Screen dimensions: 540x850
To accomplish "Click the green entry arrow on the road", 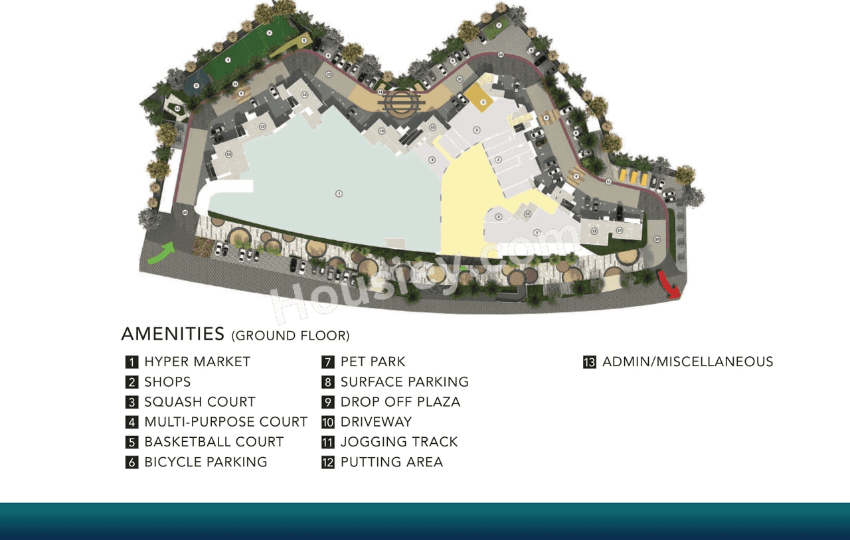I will point(161,253).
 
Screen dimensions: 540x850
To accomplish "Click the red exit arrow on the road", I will point(670,284).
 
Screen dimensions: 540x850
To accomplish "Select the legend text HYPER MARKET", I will point(197,362).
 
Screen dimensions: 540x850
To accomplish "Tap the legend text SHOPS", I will point(167,382).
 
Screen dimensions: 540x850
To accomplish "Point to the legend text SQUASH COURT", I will point(200,402).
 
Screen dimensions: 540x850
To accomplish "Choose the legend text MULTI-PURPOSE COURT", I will point(226,422).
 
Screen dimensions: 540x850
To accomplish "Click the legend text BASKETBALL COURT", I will point(214,442).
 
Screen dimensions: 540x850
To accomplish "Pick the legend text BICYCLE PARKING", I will point(206,462).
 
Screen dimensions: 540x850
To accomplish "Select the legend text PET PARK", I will point(373,362).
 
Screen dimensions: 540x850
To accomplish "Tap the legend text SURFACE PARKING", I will point(404,382).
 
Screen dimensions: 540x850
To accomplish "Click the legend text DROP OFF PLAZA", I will point(400,402).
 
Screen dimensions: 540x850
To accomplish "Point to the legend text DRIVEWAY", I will point(376,422).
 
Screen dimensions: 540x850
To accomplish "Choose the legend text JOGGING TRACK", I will point(399,442).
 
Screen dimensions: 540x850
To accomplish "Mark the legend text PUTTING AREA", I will point(392,462).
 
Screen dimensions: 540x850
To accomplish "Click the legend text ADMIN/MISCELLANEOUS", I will point(687,362).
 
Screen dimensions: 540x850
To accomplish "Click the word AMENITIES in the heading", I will point(173,334).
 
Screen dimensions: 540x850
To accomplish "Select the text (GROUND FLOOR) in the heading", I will point(290,336).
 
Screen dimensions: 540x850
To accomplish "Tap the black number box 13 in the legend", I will point(589,362).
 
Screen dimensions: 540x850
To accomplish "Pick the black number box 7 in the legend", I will point(327,362).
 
